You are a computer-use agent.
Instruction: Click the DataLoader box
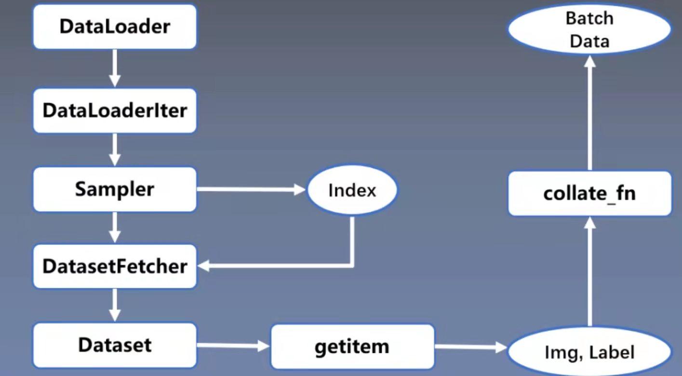pyautogui.click(x=115, y=27)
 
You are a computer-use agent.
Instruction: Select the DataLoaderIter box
pyautogui.click(x=115, y=110)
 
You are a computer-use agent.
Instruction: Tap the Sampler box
pyautogui.click(x=115, y=189)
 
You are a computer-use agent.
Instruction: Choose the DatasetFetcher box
pyautogui.click(x=115, y=267)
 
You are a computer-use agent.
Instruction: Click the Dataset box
pyautogui.click(x=115, y=345)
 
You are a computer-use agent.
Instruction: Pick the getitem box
pyautogui.click(x=352, y=347)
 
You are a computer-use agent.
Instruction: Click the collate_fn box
pyautogui.click(x=590, y=193)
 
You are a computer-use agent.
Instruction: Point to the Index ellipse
pyautogui.click(x=352, y=190)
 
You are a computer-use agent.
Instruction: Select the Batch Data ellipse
pyautogui.click(x=590, y=29)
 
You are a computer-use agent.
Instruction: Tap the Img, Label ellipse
pyautogui.click(x=590, y=351)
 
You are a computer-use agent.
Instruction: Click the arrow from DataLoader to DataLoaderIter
pyautogui.click(x=115, y=68)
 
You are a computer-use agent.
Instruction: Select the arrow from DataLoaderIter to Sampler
pyautogui.click(x=115, y=149)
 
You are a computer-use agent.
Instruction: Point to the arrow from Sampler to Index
pyautogui.click(x=251, y=189)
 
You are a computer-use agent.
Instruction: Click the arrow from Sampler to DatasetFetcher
pyautogui.click(x=115, y=228)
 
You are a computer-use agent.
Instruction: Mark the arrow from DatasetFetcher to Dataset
pyautogui.click(x=115, y=305)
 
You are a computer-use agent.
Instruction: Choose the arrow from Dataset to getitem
pyautogui.click(x=233, y=346)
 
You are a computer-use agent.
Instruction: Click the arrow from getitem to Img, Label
pyautogui.click(x=471, y=347)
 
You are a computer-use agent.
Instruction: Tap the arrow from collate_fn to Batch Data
pyautogui.click(x=590, y=113)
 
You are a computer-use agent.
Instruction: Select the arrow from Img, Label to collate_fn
pyautogui.click(x=590, y=271)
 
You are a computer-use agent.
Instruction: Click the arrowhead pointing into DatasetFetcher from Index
pyautogui.click(x=203, y=266)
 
